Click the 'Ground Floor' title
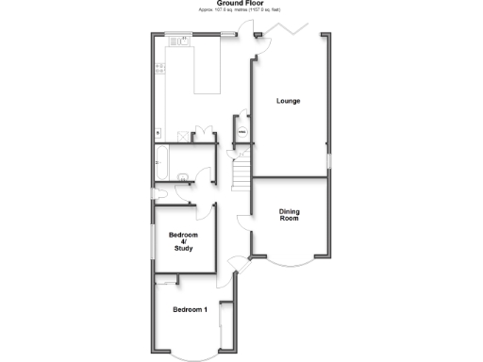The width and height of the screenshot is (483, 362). point(241,3)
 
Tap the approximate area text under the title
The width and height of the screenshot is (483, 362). point(241,9)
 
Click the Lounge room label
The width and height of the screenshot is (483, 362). point(288,101)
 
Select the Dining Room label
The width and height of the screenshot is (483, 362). point(289,214)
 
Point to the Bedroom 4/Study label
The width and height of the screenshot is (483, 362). point(183,241)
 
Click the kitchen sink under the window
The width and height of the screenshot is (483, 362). point(181,41)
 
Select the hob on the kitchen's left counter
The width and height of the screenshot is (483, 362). point(160,68)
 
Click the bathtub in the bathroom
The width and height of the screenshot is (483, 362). point(161,161)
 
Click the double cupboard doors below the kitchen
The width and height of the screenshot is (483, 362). point(201,135)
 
